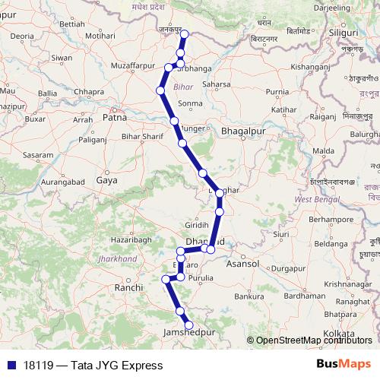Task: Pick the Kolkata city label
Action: (x=339, y=334)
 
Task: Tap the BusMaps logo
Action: (x=344, y=365)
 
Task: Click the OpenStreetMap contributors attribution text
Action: (x=314, y=340)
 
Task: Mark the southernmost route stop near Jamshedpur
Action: (x=189, y=325)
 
